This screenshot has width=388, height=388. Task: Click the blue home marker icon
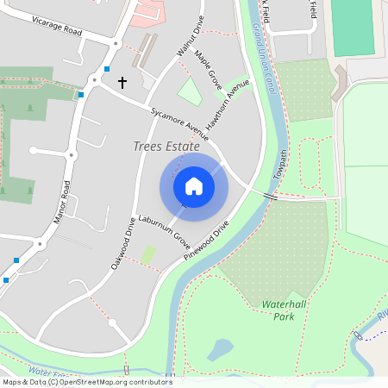(x=194, y=185)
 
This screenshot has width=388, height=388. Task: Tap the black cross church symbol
(x=122, y=83)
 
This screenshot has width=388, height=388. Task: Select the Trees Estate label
(x=166, y=147)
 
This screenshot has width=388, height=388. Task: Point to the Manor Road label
(x=60, y=202)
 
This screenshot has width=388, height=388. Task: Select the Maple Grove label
(x=209, y=71)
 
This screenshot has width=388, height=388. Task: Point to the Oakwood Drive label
(x=123, y=243)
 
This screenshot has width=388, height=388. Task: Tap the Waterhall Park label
(x=278, y=310)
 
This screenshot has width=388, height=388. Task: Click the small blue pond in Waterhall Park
(x=220, y=349)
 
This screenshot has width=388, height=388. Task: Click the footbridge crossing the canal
(x=270, y=197)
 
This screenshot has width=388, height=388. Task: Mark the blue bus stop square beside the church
(x=107, y=69)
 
